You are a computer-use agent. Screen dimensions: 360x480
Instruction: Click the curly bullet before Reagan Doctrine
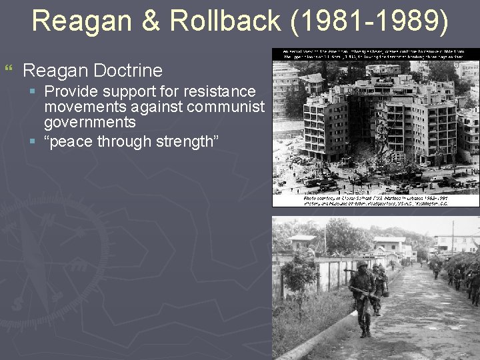point(9,69)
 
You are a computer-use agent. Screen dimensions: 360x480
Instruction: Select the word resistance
point(222,91)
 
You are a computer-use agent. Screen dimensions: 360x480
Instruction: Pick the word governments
point(89,122)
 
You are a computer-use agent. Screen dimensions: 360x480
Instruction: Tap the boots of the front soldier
point(366,331)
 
